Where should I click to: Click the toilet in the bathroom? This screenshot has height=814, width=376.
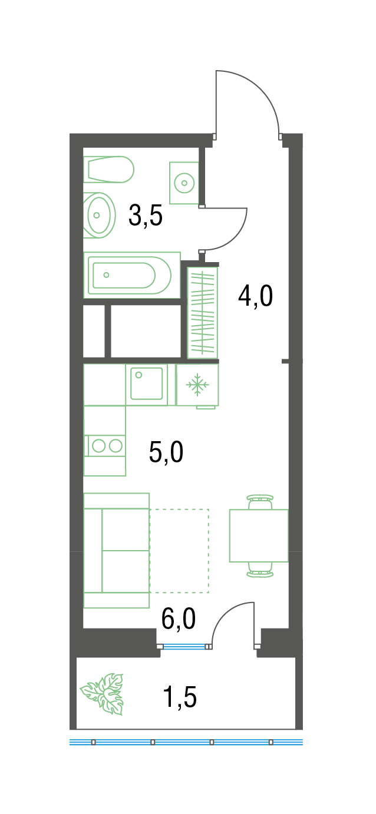108,170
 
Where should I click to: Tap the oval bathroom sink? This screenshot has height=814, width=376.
99,215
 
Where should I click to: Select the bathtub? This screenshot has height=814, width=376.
132,275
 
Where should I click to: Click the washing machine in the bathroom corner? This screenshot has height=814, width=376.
184,183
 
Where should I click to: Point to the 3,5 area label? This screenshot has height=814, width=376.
146,216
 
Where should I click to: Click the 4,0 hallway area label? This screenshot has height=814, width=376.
255,296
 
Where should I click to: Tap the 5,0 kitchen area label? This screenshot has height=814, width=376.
166,452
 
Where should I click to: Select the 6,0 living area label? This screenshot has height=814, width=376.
179,619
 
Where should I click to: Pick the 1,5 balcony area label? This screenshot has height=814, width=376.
180,697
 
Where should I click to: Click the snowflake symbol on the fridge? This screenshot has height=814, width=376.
197,385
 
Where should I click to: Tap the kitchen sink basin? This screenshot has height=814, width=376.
147,383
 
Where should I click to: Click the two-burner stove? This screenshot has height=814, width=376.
105,445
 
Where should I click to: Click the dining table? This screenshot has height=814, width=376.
259,535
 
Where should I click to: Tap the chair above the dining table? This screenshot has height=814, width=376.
260,501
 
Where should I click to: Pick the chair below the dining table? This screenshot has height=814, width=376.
260,570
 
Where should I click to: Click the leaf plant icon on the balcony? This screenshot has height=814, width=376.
102,694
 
